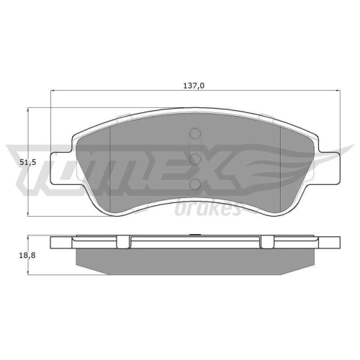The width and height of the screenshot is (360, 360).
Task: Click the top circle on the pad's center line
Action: coord(194,134)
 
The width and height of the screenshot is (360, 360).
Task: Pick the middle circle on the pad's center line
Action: coord(194,158)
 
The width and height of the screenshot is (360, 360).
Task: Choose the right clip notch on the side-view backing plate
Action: coord(264,240)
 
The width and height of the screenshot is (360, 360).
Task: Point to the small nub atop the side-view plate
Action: coord(194,233)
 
